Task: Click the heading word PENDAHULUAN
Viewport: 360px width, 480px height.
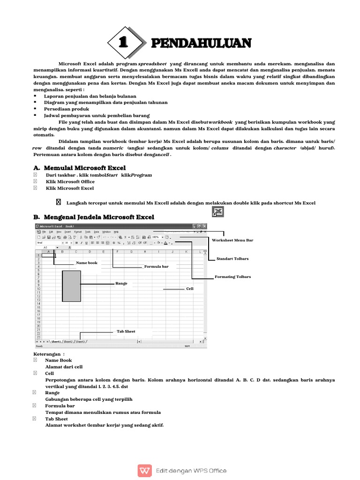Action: pos(201,43)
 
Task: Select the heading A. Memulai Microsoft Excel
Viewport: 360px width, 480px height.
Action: pos(79,168)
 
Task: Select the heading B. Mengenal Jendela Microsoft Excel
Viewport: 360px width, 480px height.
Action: pos(94,217)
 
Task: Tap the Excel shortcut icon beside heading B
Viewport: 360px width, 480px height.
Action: pos(217,212)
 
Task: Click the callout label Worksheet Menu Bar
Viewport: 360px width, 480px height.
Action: pos(232,240)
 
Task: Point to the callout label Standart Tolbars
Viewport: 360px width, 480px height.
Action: pos(232,259)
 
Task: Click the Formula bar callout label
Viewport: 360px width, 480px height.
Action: pos(156,266)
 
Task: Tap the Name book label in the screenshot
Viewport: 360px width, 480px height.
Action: pos(87,263)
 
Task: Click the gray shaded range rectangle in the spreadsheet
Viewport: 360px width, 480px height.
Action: pos(71,285)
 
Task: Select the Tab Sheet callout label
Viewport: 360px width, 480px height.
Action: pos(126,331)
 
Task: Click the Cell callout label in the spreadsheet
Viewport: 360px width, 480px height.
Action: pos(190,289)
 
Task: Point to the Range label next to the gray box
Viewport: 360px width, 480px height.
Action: pos(121,284)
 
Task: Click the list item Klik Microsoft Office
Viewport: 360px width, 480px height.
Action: pos(70,181)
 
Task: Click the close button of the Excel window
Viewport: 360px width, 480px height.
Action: pos(204,226)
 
